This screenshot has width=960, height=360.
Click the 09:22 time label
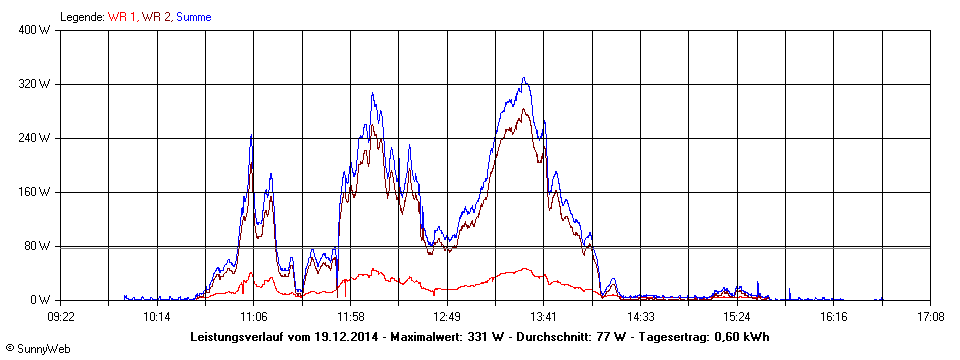62,317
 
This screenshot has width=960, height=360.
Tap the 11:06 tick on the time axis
254,317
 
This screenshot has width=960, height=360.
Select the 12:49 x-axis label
447,317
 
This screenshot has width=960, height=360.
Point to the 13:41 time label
543,317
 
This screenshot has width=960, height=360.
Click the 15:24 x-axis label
736,317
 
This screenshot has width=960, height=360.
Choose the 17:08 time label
929,317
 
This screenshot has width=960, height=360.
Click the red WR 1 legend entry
122,17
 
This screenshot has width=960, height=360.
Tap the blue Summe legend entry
194,17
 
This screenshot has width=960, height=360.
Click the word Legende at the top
82,17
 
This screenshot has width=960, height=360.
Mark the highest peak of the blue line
523,78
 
